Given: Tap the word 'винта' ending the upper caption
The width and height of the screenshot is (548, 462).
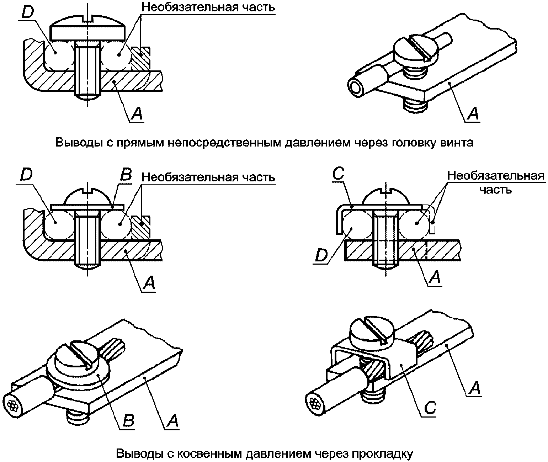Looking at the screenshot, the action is tap(457, 143).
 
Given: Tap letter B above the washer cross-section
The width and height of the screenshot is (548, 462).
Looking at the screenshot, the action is tap(126, 175).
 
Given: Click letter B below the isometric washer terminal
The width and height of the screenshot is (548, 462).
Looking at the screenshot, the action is tap(128, 421).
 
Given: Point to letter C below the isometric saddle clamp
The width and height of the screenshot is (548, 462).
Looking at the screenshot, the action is tap(430, 408).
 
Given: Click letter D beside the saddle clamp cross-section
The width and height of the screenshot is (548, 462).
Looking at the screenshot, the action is tap(321, 255).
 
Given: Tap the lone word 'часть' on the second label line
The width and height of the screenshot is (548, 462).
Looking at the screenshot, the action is tap(495, 190).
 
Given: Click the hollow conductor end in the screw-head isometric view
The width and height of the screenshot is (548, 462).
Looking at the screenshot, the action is tap(357, 88).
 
